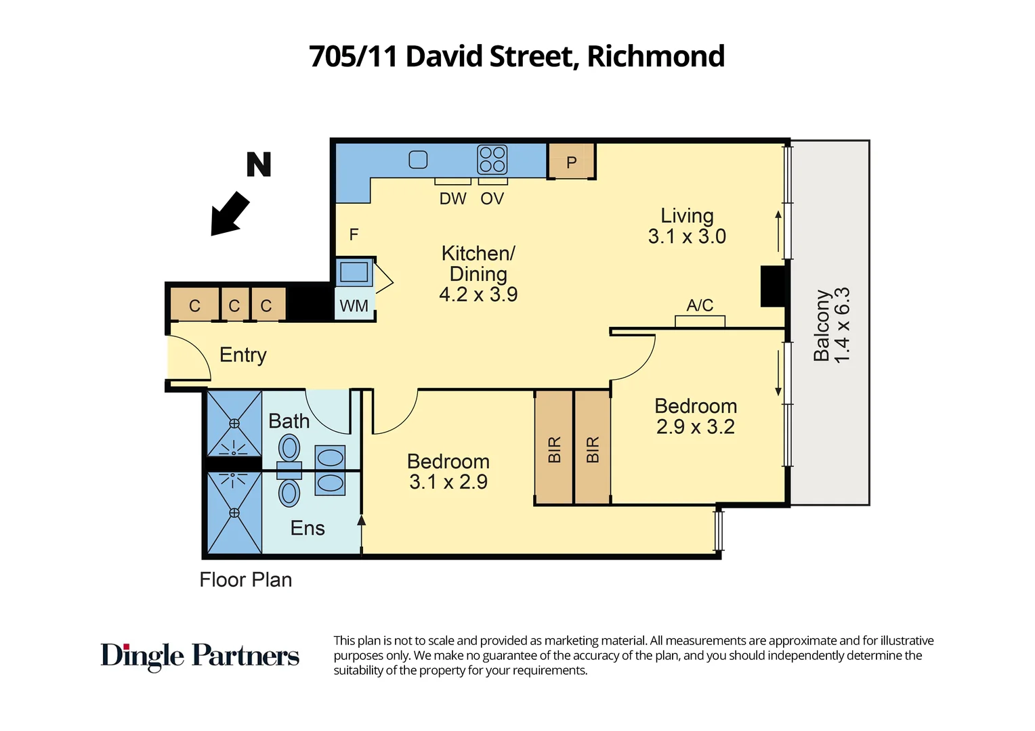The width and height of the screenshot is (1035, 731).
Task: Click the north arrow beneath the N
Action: click(x=230, y=213)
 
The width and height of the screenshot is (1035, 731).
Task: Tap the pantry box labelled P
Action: click(x=571, y=162)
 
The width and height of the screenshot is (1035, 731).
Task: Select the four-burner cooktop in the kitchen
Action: click(x=492, y=160)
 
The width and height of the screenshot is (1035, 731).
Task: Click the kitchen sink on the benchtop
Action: click(x=418, y=160)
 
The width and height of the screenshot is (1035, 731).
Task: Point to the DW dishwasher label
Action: click(x=452, y=199)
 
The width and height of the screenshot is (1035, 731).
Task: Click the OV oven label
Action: click(x=492, y=199)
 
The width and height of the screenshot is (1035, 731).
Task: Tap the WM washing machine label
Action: click(x=354, y=306)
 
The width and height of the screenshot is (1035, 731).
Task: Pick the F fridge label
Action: click(x=354, y=235)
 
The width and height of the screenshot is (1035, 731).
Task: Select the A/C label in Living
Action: click(x=700, y=305)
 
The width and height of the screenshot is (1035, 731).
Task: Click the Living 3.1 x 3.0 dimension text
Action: click(x=687, y=236)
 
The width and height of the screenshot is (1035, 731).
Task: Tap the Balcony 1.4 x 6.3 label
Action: click(x=832, y=326)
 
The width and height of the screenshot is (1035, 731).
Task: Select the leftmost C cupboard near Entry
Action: click(x=194, y=306)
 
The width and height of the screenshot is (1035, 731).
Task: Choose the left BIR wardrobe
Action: click(x=554, y=449)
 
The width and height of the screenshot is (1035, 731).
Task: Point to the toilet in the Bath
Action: click(x=290, y=448)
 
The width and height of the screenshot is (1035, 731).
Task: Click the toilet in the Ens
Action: click(x=290, y=493)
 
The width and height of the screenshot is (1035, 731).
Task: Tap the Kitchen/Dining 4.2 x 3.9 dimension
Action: click(x=478, y=294)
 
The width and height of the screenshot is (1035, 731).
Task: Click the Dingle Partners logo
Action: click(x=200, y=656)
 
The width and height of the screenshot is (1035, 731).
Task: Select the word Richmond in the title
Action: click(x=656, y=56)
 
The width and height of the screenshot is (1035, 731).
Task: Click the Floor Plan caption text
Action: click(x=246, y=580)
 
